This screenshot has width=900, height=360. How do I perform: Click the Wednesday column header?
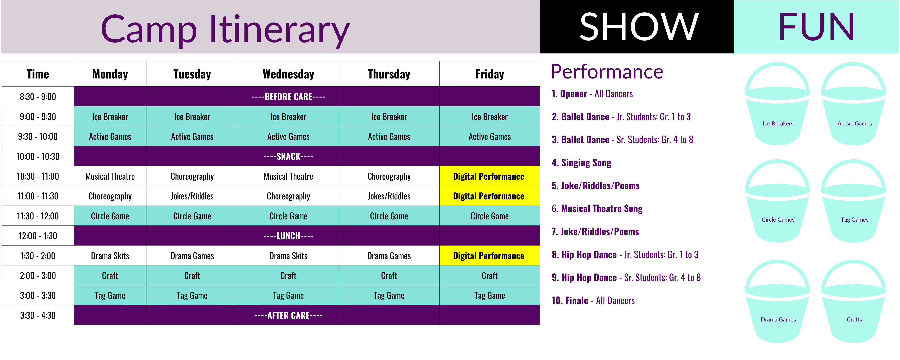tap(288, 74)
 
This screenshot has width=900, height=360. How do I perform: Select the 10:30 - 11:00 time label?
tap(38, 176)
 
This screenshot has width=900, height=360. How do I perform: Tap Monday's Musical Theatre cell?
tap(110, 176)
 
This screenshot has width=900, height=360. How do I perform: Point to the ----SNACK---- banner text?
tap(288, 156)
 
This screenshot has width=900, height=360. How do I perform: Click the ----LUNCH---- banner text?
tap(288, 236)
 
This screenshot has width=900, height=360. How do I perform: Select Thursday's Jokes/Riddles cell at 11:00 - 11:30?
tap(389, 196)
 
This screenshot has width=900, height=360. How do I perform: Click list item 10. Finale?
tap(593, 301)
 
